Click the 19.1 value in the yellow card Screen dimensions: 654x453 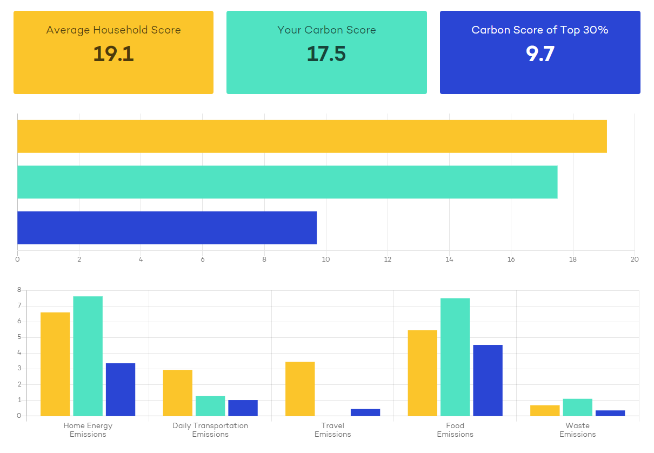114,54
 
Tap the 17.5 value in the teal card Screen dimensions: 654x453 326,54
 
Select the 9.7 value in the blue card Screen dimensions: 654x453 540,54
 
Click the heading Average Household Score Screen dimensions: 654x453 114,30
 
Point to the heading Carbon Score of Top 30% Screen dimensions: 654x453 540,30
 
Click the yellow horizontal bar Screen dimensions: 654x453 312,136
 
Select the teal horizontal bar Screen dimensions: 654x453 288,182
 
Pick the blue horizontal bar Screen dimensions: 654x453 167,228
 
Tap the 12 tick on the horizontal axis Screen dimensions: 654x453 388,259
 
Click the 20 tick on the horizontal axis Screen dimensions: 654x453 635,259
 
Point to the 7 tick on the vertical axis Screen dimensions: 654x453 19,305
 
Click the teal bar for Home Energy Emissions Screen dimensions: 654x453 88,356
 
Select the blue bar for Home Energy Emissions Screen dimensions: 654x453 121,390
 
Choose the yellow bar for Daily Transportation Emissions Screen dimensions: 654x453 178,393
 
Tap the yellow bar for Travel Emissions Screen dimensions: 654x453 300,389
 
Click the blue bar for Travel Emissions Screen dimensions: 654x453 365,412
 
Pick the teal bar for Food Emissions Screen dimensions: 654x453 455,357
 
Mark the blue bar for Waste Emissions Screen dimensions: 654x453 610,413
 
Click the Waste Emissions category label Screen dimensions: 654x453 577,430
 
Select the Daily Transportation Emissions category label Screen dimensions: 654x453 210,430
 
